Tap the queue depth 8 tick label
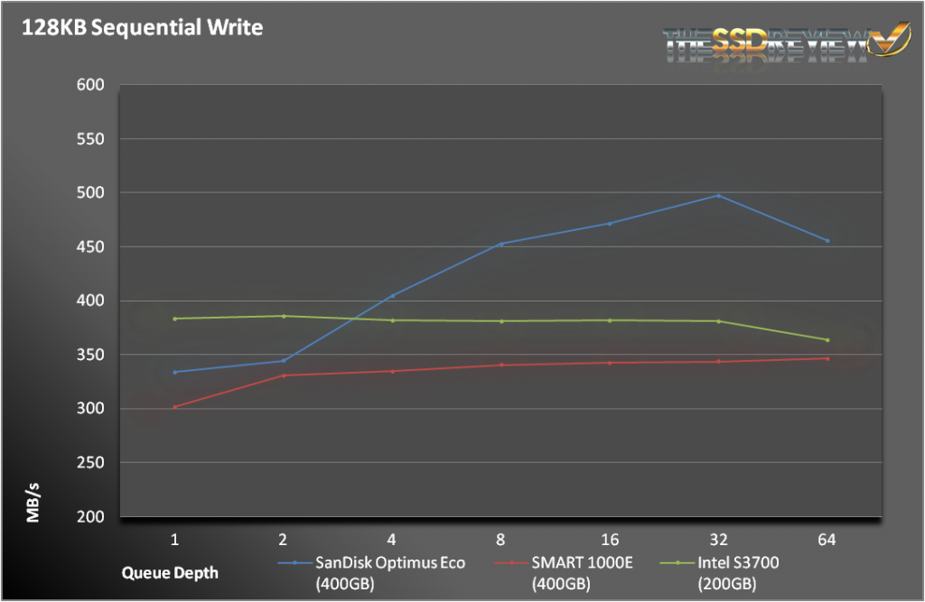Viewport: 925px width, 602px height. [500, 540]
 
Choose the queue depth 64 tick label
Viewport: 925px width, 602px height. [827, 540]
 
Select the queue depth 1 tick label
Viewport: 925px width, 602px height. [174, 540]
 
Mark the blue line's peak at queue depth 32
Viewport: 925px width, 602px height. [718, 195]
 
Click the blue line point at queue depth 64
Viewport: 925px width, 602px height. [827, 241]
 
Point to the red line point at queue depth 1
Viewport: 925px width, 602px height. [174, 407]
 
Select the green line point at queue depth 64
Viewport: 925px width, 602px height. [827, 340]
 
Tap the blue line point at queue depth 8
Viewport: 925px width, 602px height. [500, 244]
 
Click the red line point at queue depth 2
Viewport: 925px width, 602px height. [284, 375]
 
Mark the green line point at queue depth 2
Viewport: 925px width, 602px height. [284, 316]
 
